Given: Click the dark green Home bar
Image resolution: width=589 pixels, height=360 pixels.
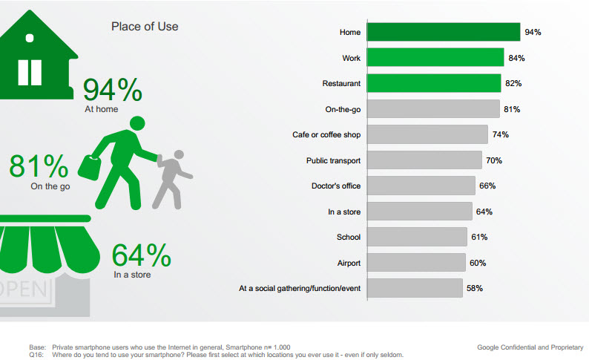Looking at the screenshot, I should click(443, 32).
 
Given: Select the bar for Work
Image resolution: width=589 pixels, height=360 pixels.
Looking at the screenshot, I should click(435, 58).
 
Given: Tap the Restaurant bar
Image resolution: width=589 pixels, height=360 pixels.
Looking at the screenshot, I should click(434, 83).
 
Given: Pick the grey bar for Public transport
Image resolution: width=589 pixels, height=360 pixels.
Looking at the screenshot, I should click(424, 160).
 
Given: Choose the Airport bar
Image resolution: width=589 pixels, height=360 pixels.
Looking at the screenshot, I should click(416, 262).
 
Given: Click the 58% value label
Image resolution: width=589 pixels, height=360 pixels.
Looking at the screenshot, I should click(474, 288).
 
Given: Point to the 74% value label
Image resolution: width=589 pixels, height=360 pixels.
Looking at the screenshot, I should click(500, 134).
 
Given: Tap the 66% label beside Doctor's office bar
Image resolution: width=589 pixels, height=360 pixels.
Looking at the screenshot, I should click(487, 186).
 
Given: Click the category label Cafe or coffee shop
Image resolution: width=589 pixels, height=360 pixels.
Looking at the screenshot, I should click(326, 135).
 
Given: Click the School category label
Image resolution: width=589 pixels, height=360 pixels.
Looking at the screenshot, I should click(348, 237).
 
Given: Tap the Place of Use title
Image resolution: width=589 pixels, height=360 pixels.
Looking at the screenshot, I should click(145, 27).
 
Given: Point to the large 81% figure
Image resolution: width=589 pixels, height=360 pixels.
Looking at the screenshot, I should click(39, 166).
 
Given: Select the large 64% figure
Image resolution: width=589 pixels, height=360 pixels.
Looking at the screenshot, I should click(142, 255).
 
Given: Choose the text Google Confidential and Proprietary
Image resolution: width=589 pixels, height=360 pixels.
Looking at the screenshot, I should click(530, 347).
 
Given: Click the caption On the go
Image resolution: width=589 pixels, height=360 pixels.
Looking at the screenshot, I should click(50, 186).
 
